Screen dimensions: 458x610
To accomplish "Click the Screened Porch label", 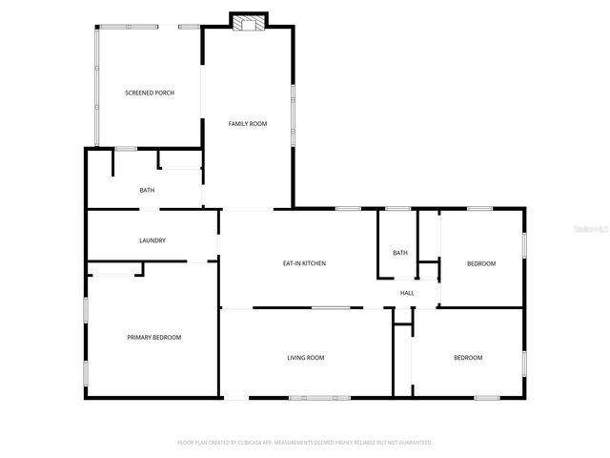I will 150,93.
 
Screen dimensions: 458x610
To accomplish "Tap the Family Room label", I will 247,124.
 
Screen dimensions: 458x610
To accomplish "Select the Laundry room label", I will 152,240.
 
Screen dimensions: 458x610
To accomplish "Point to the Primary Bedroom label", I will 154,337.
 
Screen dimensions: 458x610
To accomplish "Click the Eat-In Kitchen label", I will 305,263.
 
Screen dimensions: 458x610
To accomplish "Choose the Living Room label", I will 306,358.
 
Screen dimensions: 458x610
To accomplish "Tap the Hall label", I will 407,293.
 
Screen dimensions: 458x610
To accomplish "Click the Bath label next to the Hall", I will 400,253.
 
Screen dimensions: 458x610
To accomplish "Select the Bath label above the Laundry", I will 147,190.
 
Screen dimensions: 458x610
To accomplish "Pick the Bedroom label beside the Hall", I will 480,263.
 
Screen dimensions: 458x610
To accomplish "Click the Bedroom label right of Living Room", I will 467,358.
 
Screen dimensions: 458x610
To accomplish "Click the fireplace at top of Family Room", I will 248,20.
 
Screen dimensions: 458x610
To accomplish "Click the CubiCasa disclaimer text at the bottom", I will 305,443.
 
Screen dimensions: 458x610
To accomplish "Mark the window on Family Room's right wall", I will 292,115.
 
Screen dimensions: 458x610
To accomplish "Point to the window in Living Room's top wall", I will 330,307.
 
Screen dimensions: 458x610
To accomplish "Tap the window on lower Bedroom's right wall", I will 523,363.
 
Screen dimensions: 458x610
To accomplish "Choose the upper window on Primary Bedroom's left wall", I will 86,310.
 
